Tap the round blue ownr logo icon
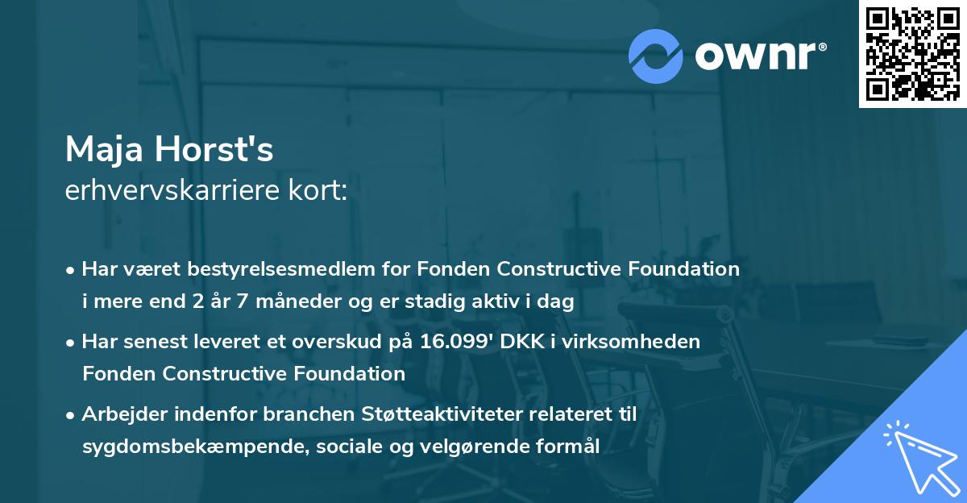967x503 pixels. [x=656, y=56]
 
